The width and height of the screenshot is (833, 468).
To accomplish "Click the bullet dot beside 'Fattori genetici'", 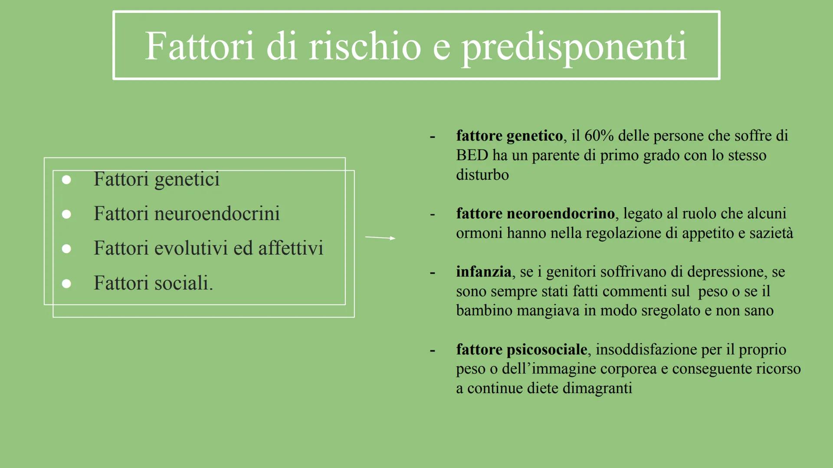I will tap(66, 180).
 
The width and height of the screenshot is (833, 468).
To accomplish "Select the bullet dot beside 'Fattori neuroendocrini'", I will tap(66, 214).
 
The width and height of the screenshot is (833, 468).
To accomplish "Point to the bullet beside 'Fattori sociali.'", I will tap(66, 283).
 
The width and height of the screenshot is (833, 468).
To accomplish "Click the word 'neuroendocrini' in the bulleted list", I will tap(217, 214).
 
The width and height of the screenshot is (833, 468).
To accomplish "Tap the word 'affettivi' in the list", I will tap(291, 248).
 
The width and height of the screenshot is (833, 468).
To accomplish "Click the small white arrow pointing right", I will tap(380, 237).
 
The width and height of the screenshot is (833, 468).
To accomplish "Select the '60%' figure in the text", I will tap(599, 136).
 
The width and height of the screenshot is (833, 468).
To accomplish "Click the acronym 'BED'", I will tap(472, 155).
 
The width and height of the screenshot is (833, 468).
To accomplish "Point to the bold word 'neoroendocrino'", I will tap(561, 214).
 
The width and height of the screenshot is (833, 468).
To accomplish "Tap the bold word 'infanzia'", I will tap(483, 272).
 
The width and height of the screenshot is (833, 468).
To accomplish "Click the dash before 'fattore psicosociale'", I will tap(432, 350).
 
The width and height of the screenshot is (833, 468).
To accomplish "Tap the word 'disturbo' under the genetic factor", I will tap(482, 175).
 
